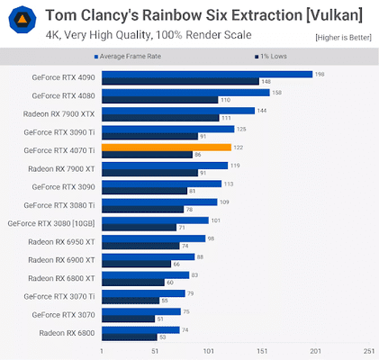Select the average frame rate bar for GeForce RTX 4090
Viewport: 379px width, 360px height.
tap(207, 75)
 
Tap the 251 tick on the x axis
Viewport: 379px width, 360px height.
tap(368, 351)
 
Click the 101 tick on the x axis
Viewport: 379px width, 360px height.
tap(208, 351)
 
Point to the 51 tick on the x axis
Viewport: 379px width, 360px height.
tap(155, 351)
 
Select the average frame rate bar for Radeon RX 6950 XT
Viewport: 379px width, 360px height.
tap(153, 238)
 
